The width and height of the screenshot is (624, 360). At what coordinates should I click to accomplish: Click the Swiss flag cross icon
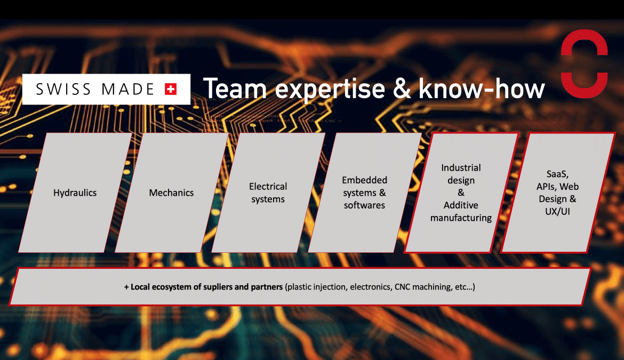[171, 89]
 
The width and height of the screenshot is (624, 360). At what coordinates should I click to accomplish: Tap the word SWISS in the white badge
[63, 89]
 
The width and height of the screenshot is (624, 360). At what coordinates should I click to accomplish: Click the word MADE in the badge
[128, 89]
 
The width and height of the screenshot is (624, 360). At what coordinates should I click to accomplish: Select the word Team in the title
[235, 89]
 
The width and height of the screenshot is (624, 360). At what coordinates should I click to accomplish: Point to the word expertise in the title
[330, 90]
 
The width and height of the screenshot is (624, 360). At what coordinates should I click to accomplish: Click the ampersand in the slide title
[402, 89]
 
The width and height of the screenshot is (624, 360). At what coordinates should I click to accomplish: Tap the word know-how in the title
[482, 89]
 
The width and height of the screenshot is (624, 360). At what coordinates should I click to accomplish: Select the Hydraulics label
[75, 193]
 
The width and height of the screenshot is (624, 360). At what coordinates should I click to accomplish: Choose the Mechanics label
[171, 193]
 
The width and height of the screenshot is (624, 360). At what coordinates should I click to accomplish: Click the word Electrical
[268, 186]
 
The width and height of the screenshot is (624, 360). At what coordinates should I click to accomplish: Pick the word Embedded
[364, 180]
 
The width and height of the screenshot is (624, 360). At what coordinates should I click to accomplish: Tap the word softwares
[364, 205]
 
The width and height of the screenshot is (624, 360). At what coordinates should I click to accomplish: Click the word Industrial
[461, 167]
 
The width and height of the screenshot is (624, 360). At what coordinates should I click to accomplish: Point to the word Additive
[461, 205]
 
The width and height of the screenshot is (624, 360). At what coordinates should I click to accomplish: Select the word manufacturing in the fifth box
[461, 218]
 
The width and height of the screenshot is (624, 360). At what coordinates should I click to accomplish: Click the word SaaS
[557, 174]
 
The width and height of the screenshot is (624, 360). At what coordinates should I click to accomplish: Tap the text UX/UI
[557, 212]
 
